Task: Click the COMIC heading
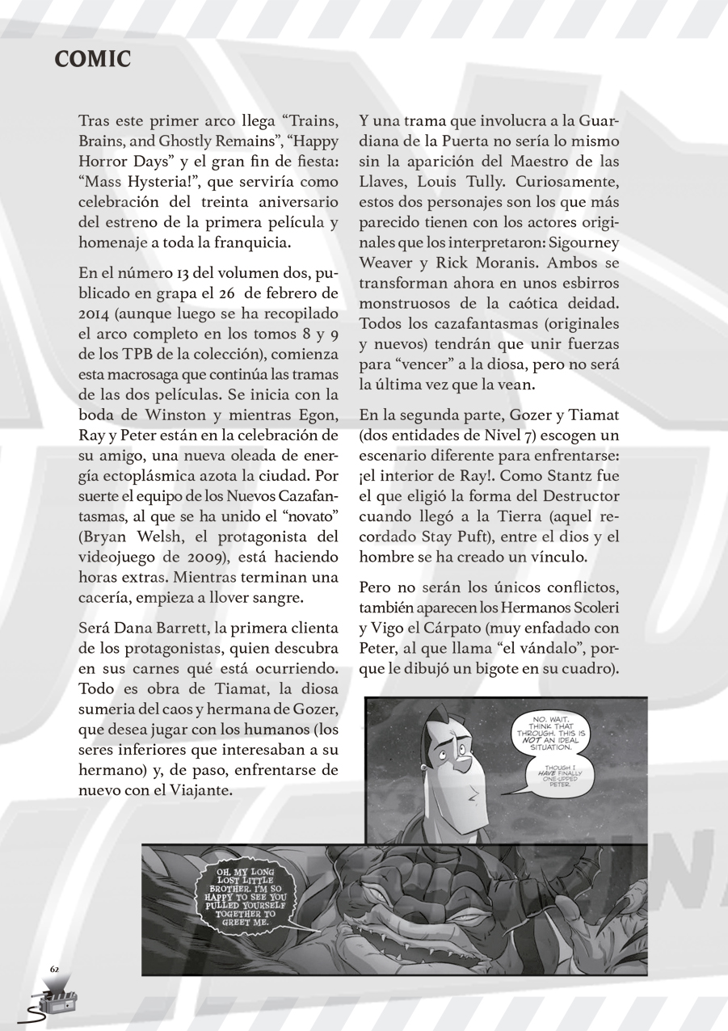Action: (92, 59)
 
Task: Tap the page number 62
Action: (55, 968)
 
